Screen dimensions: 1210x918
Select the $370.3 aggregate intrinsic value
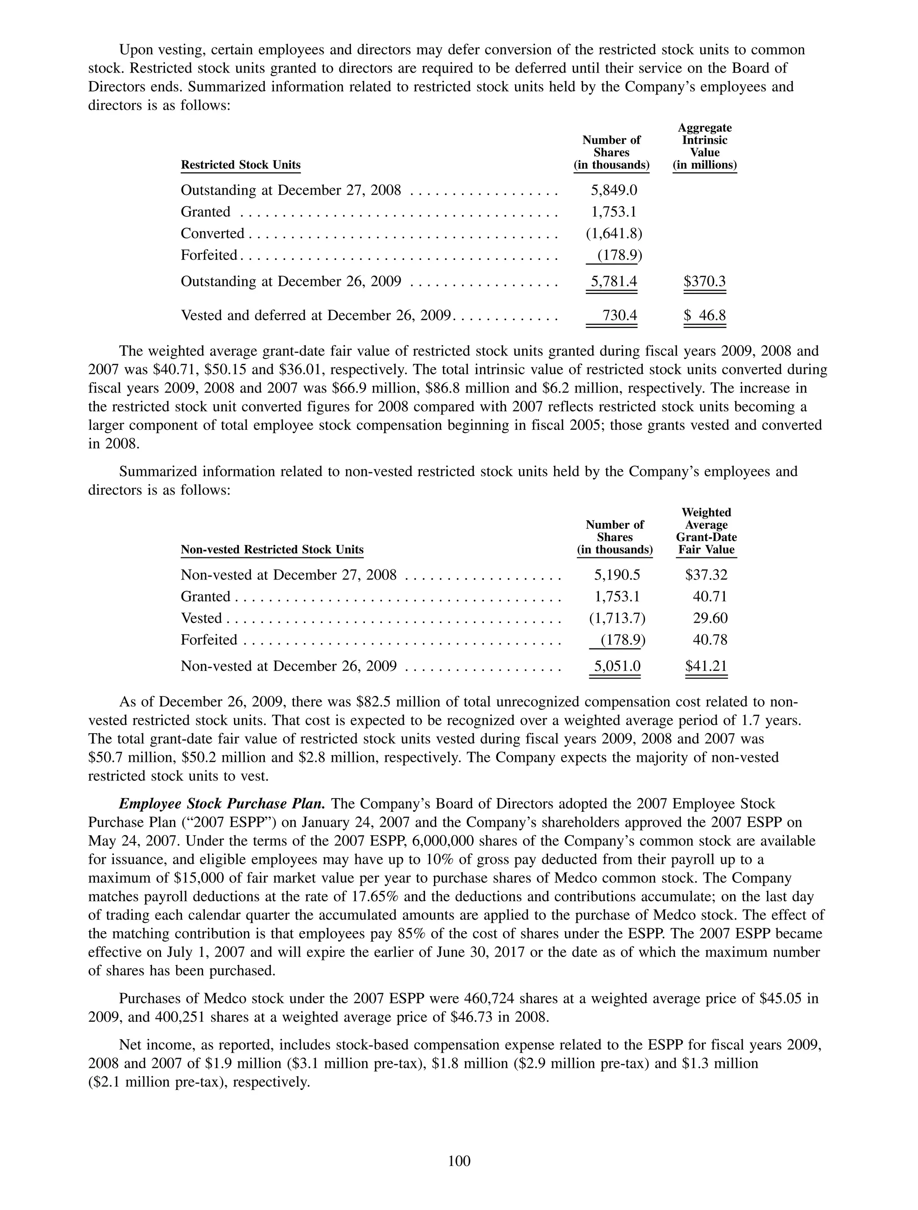pos(705,281)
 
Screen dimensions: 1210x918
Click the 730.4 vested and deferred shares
pos(619,315)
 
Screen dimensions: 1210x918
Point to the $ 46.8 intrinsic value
pos(705,315)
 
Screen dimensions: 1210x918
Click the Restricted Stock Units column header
pos(241,164)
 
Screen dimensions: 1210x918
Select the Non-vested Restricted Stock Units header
pos(272,549)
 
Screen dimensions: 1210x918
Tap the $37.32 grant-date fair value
pos(706,575)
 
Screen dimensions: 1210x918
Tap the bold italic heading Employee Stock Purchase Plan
pos(222,804)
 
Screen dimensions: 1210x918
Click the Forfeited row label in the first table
pos(209,255)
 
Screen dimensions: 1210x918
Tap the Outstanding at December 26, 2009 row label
pos(290,281)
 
